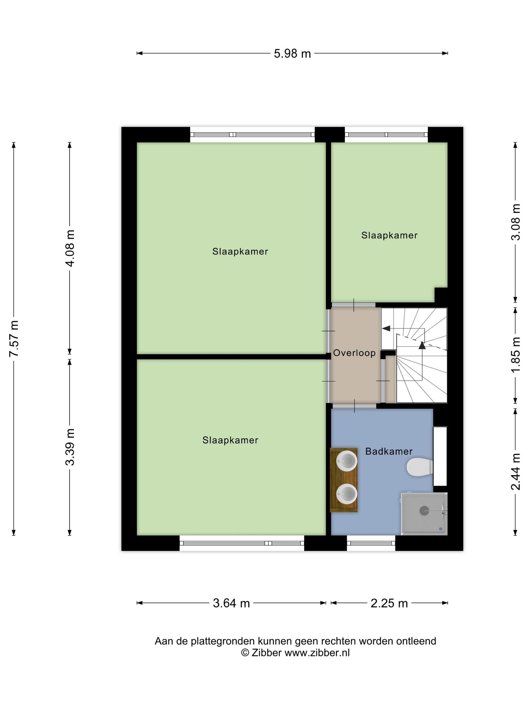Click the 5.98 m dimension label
tap(292, 54)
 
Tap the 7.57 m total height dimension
tap(14, 338)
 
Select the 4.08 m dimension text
tap(70, 248)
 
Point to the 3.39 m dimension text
tap(70, 447)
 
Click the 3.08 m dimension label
tap(516, 222)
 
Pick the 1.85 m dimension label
tap(516, 355)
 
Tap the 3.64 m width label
tap(231, 603)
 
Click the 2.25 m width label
tap(389, 603)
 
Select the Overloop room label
tap(354, 353)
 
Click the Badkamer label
tap(389, 451)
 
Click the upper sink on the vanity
tap(346, 461)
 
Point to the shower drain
tap(424, 511)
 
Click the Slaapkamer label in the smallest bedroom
tap(389, 235)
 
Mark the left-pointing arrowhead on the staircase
tap(386, 328)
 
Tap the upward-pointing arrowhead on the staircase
tap(422, 345)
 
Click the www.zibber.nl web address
tap(317, 653)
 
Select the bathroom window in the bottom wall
tap(371, 543)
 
